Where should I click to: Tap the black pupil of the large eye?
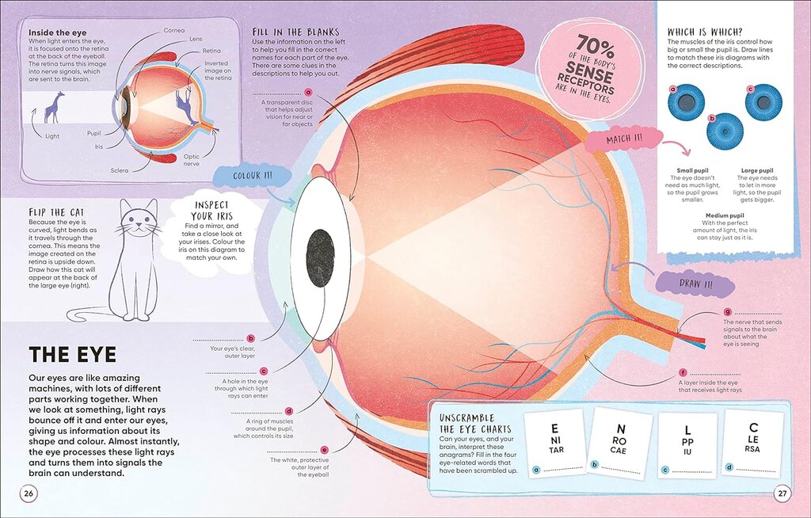[320, 257]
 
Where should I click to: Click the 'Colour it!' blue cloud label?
[253, 176]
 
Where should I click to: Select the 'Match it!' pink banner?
[625, 139]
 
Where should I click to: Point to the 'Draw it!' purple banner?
[695, 284]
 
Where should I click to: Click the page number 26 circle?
[29, 493]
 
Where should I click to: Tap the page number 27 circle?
[782, 493]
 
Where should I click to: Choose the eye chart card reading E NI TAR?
[555, 444]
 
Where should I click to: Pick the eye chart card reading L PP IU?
[687, 445]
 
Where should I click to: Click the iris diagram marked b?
[725, 131]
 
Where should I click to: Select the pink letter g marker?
[728, 311]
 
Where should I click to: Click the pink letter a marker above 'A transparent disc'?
[309, 93]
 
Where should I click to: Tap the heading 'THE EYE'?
[72, 355]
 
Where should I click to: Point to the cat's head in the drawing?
[138, 219]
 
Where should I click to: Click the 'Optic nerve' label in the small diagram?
[192, 160]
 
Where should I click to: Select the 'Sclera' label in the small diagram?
[119, 170]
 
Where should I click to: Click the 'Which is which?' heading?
[705, 32]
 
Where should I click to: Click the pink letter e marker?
[324, 450]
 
